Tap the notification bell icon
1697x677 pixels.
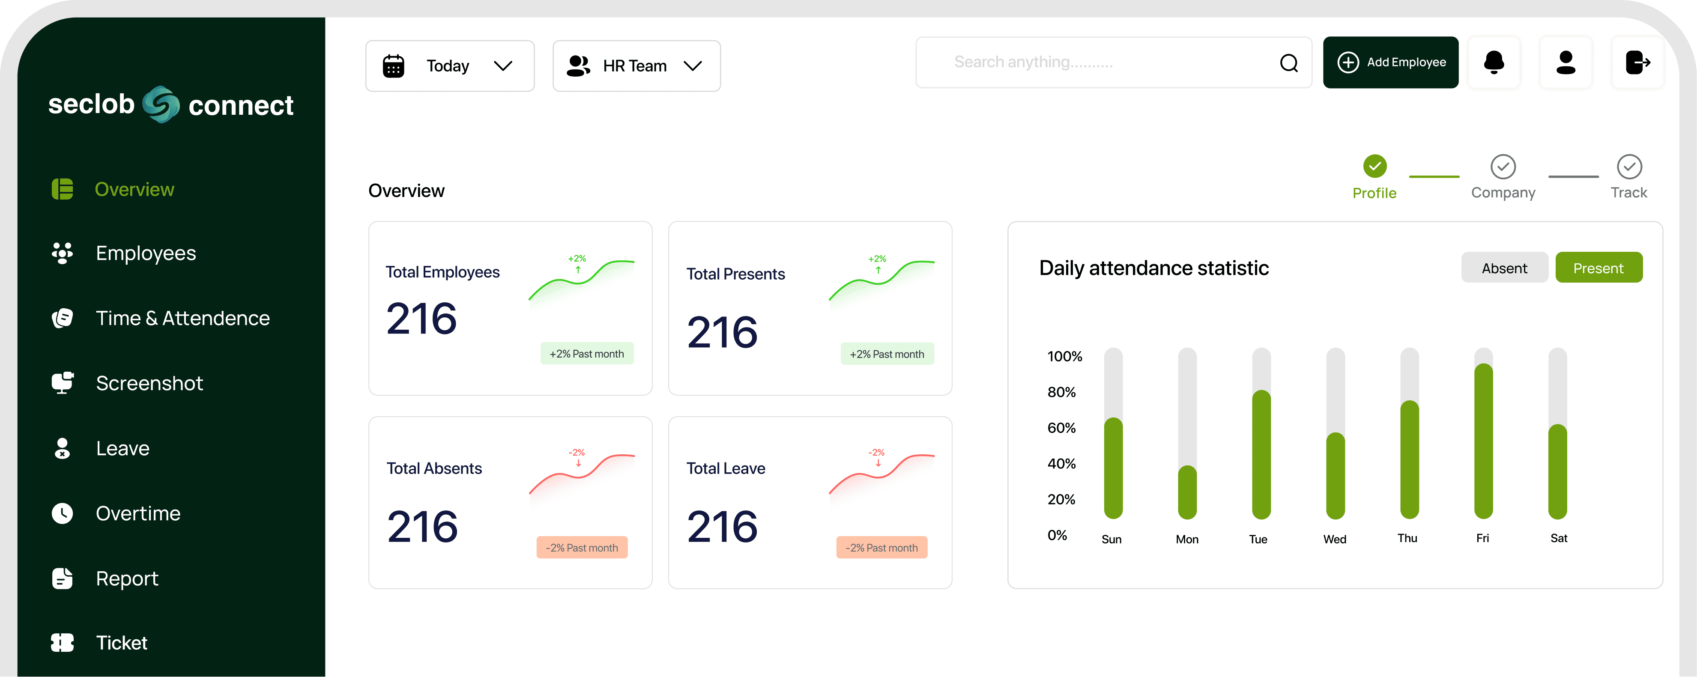tap(1494, 63)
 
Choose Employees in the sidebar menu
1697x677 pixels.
tap(146, 254)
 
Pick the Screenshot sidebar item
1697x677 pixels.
tap(149, 383)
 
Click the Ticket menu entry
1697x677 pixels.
tap(121, 643)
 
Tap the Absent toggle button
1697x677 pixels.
tap(1504, 268)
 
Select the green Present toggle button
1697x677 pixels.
tap(1598, 268)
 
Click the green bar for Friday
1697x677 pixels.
tap(1483, 441)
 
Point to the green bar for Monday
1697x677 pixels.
tap(1187, 492)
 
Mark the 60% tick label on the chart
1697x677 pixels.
tap(1061, 428)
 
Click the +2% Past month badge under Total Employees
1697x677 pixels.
tap(586, 354)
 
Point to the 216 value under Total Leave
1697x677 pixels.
tap(722, 527)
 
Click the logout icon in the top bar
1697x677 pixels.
tap(1637, 63)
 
